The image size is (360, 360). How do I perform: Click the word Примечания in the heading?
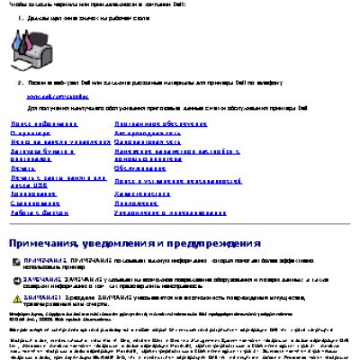46,243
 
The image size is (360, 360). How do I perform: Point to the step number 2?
20,80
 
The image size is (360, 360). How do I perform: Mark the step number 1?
20,15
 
